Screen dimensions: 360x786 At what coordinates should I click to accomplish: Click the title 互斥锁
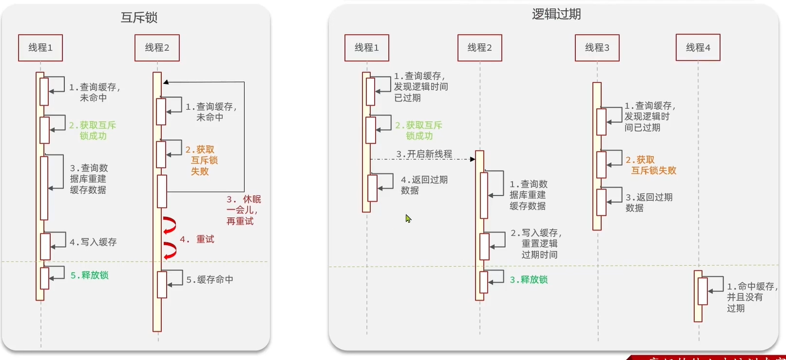pyautogui.click(x=139, y=17)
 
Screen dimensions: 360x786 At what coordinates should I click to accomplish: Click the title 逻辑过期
pyautogui.click(x=556, y=15)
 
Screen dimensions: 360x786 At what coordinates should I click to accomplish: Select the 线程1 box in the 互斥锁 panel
pyautogui.click(x=40, y=48)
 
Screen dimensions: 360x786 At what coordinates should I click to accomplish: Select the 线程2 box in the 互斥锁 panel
pyautogui.click(x=157, y=48)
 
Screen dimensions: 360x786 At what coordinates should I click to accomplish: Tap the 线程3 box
pyautogui.click(x=597, y=48)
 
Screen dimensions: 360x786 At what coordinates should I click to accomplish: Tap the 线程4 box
pyautogui.click(x=698, y=48)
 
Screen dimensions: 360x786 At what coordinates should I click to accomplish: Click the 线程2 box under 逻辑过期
pyautogui.click(x=479, y=48)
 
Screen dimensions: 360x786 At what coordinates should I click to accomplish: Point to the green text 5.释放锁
pyautogui.click(x=89, y=275)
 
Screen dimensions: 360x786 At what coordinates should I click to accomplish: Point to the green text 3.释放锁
pyautogui.click(x=529, y=279)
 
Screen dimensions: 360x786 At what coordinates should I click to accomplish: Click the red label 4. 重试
pyautogui.click(x=197, y=239)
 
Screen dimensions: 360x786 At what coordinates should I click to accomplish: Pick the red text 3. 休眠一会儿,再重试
pyautogui.click(x=243, y=211)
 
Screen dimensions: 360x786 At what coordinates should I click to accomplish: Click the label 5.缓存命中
pyautogui.click(x=210, y=279)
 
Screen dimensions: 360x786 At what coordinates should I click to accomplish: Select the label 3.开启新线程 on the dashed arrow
pyautogui.click(x=424, y=154)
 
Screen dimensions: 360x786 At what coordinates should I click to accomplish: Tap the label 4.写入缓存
pyautogui.click(x=93, y=242)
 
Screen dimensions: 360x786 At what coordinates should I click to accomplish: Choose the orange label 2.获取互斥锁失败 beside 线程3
pyautogui.click(x=650, y=165)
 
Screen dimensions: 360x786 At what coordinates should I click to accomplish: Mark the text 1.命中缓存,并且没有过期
pyautogui.click(x=744, y=297)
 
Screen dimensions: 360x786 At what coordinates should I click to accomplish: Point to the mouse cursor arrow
pyautogui.click(x=408, y=218)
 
